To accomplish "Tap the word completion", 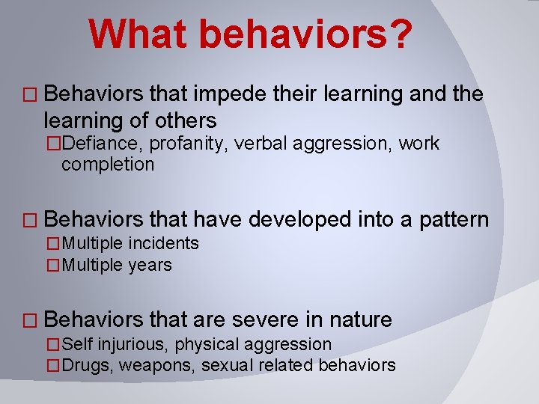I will [107, 164].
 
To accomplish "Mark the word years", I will [151, 265].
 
